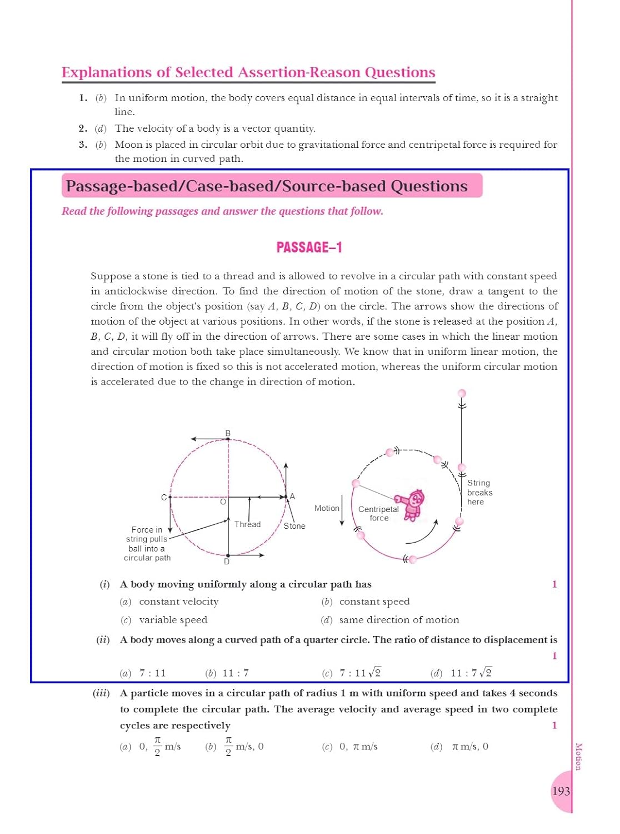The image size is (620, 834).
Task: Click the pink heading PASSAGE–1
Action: (309, 247)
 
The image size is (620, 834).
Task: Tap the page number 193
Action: (561, 791)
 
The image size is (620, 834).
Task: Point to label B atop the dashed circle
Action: (228, 433)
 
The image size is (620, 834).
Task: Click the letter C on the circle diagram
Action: (164, 497)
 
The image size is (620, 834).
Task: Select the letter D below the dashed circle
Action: (227, 562)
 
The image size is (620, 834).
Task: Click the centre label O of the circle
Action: (223, 502)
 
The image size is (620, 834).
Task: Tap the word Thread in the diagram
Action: (247, 524)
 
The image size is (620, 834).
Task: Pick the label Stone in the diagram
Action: (294, 526)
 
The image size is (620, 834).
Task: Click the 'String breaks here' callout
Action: (479, 493)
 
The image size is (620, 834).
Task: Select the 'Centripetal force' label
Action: (379, 513)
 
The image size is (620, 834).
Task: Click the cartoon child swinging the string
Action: (412, 504)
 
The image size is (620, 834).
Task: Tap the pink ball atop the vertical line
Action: (461, 394)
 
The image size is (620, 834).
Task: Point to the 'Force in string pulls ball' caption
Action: (147, 544)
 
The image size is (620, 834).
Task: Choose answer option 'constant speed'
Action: (374, 602)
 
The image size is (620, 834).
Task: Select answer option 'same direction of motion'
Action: (399, 620)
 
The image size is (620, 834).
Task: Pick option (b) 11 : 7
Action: (235, 673)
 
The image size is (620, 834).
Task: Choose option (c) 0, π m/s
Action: (358, 747)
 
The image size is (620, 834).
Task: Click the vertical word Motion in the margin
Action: (578, 756)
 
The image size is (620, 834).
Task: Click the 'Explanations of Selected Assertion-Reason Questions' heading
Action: (248, 73)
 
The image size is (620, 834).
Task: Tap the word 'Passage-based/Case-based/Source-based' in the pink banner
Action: (227, 186)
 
